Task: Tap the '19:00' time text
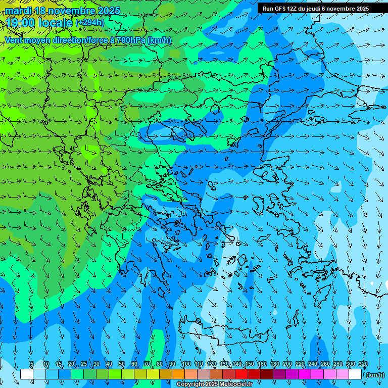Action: pyautogui.click(x=20, y=23)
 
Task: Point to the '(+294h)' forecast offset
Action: pyautogui.click(x=89, y=23)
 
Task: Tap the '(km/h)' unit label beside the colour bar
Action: pyautogui.click(x=375, y=375)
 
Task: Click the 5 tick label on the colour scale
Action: pyautogui.click(x=32, y=364)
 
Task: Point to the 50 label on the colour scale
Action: pyautogui.click(x=122, y=364)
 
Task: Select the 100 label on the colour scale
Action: pyautogui.click(x=186, y=364)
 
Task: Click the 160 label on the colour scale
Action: pyautogui.click(x=262, y=364)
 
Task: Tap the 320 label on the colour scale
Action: pyautogui.click(x=363, y=364)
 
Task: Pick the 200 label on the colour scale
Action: pyautogui.click(x=287, y=364)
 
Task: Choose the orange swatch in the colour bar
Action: pyautogui.click(x=178, y=374)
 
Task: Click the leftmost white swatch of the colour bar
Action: pyautogui.click(x=27, y=374)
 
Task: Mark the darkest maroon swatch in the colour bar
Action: pyautogui.click(x=267, y=374)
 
